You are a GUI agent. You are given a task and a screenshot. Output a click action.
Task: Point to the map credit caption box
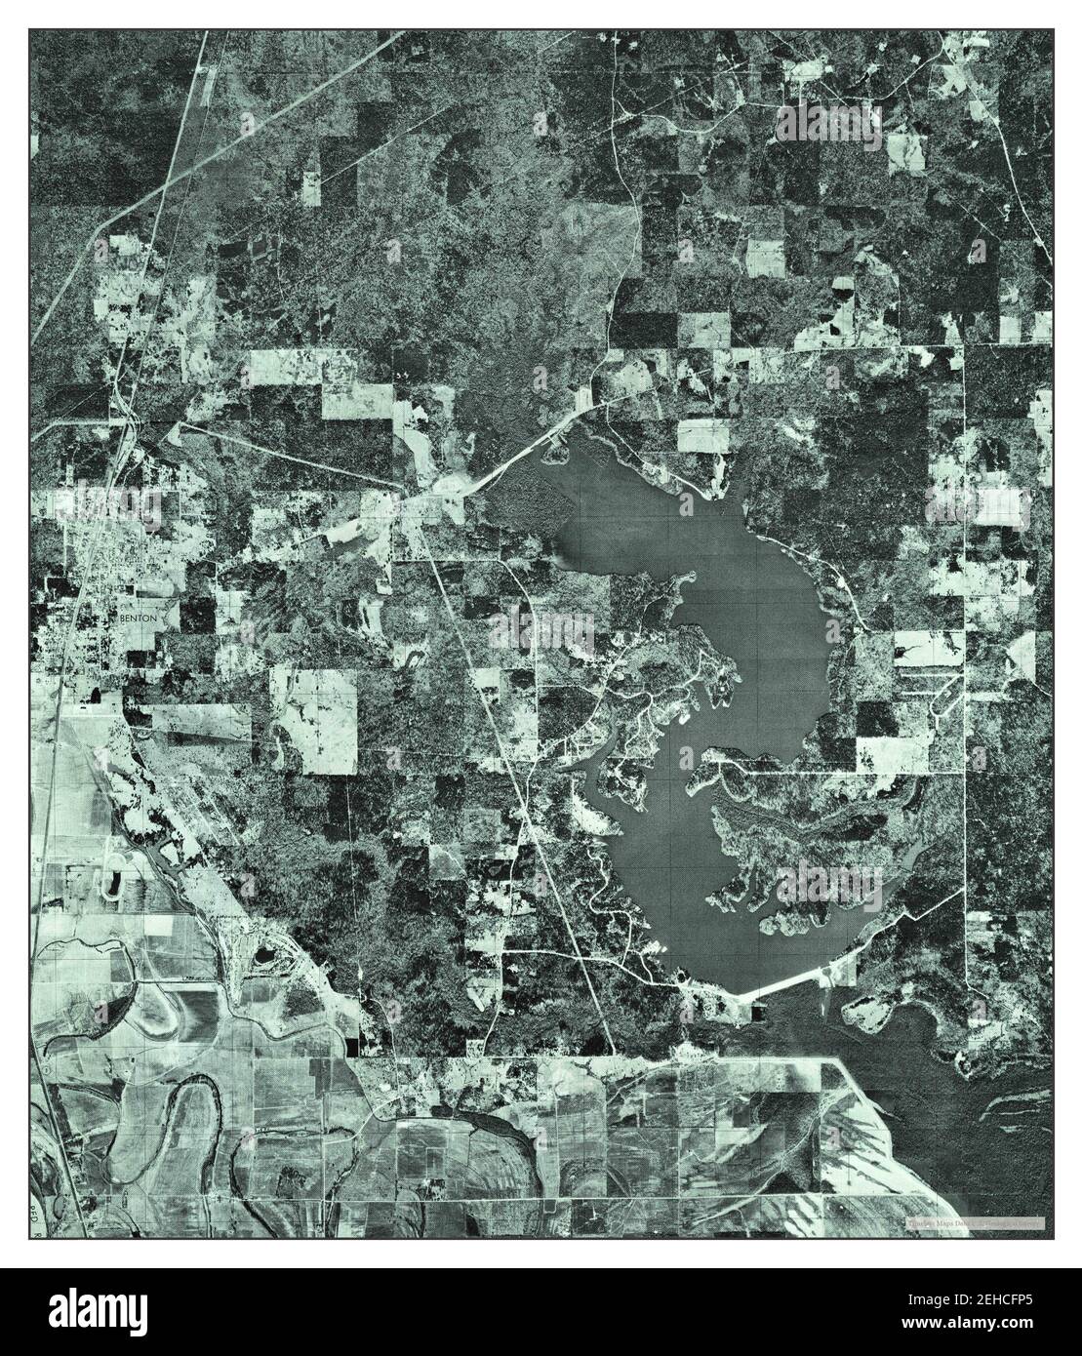[x=975, y=1222]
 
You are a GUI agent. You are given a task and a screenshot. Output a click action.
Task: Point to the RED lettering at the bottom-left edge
[x=38, y=1213]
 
